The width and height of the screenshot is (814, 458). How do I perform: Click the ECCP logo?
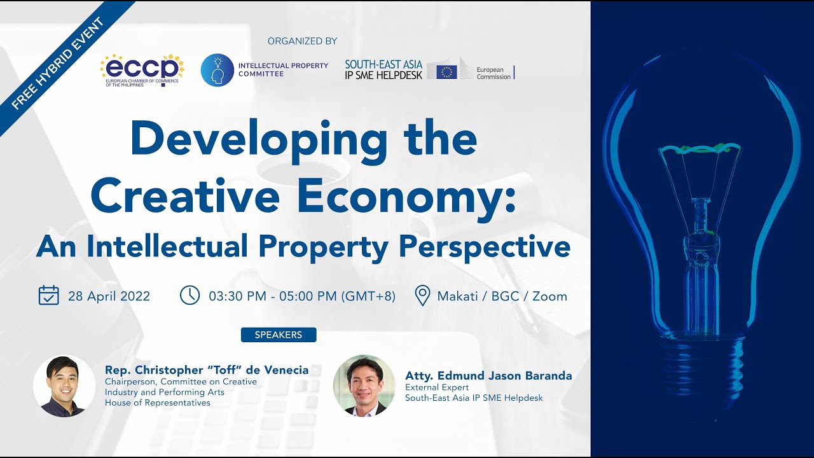pos(142,69)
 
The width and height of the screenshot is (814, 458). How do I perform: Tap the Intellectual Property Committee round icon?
pos(217,70)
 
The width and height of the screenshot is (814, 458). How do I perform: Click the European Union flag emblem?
pos(447,71)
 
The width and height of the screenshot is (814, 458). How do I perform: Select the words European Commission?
pos(493,73)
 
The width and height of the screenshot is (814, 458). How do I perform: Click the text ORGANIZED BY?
pos(302,41)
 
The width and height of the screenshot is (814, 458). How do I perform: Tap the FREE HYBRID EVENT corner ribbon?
pos(60,60)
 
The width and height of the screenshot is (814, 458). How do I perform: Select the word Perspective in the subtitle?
pos(485,246)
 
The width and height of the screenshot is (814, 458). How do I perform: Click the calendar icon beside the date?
pos(49,296)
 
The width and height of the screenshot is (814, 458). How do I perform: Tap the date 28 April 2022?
pos(109,296)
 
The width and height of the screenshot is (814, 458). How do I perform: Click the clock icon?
pos(190,295)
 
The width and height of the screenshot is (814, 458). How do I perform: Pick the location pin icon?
pos(422,296)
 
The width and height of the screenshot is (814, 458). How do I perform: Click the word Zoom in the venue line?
pos(549,296)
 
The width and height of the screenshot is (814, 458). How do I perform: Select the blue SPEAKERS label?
pos(279,335)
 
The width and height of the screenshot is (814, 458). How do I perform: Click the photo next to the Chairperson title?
pos(64,386)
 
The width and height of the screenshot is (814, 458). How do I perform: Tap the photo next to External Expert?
pos(364,386)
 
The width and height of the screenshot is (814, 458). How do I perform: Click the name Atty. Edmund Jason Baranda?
pos(488,376)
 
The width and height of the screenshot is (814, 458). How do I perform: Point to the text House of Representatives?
pos(158,403)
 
